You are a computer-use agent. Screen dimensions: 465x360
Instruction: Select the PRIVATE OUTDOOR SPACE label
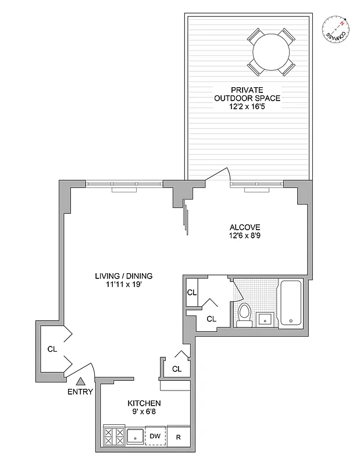(x=247, y=94)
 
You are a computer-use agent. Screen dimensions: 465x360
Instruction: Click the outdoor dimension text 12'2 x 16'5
(x=247, y=107)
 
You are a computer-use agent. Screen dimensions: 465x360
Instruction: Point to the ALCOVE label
(x=244, y=227)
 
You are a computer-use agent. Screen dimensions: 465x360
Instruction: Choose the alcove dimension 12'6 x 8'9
(x=244, y=236)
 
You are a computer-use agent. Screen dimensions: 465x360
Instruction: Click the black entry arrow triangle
(x=81, y=381)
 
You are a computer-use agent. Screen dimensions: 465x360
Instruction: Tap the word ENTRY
(x=81, y=392)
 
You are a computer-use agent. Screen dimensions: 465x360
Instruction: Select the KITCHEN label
(x=144, y=403)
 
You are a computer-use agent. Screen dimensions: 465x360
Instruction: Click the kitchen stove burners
(x=113, y=437)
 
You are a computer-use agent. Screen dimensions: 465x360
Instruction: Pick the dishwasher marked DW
(x=155, y=436)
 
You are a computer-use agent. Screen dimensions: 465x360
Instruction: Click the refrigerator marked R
(x=179, y=437)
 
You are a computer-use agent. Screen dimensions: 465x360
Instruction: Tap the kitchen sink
(x=135, y=437)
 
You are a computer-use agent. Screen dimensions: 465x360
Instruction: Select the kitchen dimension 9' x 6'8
(x=144, y=412)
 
